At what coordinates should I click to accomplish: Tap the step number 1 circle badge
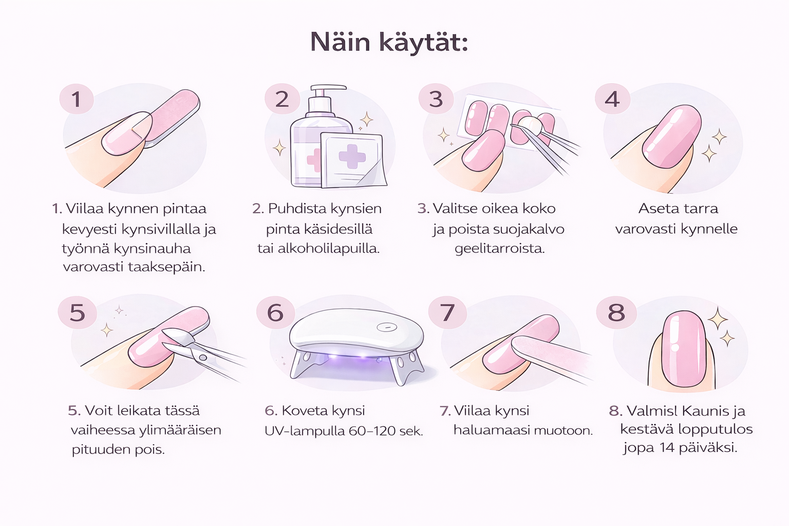point(77,99)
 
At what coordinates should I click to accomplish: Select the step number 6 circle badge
point(275,312)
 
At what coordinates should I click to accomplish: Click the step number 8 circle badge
point(616,312)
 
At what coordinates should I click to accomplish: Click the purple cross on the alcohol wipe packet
point(352,156)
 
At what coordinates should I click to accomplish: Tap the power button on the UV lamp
point(387,328)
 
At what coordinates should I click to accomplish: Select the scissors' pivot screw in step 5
point(203,358)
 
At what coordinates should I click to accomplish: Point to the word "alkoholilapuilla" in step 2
point(328,249)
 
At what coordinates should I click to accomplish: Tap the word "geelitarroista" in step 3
point(499,249)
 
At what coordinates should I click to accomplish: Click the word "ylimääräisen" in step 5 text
point(180,430)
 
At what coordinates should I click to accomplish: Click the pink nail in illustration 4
point(671,137)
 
